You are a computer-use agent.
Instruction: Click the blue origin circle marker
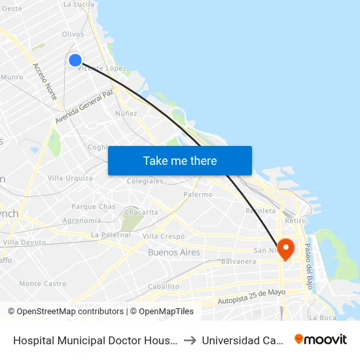tap(75, 60)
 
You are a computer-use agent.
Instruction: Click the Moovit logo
tap(321, 339)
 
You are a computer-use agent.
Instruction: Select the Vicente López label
tap(102, 68)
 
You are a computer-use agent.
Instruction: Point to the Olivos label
tap(73, 34)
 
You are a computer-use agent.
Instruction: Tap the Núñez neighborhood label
tap(126, 113)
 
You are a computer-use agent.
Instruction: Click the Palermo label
tap(198, 194)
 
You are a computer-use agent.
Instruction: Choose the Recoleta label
tap(260, 211)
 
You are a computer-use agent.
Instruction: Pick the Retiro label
tap(295, 221)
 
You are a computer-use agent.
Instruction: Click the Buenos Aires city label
tap(173, 252)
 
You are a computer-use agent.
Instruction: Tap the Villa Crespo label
tap(164, 236)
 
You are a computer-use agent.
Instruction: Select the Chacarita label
tap(141, 212)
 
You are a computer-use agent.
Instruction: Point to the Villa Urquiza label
tap(70, 178)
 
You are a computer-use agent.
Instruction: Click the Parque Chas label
tap(93, 207)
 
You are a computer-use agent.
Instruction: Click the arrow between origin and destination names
tap(189, 340)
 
